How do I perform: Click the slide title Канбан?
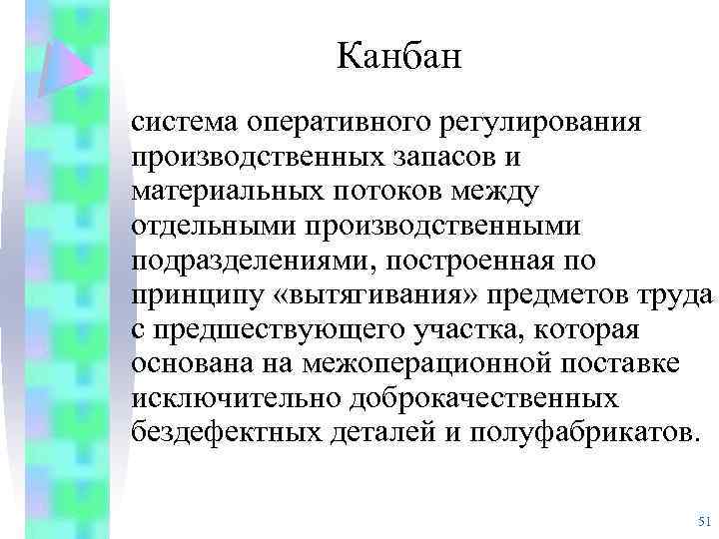click(399, 56)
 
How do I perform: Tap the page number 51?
click(701, 522)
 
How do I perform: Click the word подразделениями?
click(255, 262)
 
